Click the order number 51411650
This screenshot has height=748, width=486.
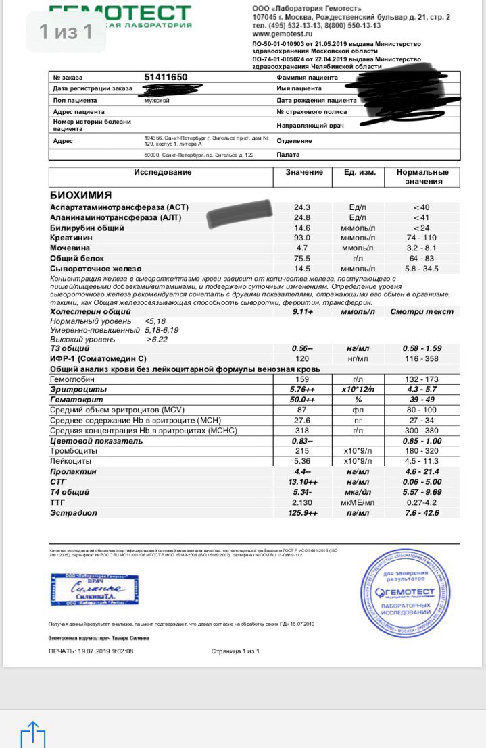pos(166,77)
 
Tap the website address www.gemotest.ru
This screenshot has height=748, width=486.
pos(282,33)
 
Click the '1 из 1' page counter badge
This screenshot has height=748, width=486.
pos(66,32)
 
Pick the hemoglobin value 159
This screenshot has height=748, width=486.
pos(301,379)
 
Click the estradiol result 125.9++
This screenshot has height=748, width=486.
pos(303,513)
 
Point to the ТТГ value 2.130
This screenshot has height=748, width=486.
pos(302,503)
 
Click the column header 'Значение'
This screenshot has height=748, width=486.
pos(303,172)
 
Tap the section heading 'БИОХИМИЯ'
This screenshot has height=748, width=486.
pos(81,194)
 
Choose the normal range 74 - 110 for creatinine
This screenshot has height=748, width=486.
pos(421,238)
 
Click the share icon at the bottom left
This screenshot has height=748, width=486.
pos(32,734)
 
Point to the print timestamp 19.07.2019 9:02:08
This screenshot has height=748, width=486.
pos(91,651)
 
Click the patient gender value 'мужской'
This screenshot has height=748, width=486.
pos(157,100)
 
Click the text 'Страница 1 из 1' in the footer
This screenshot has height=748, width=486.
pos(235,651)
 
